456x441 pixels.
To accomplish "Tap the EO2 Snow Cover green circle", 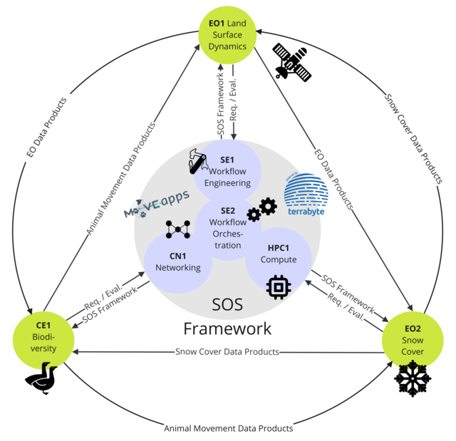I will click(413, 341).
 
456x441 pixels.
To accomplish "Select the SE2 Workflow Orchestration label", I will click(227, 228).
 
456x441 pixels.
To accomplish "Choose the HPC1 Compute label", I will click(277, 254).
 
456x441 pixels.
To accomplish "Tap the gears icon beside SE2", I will click(261, 209).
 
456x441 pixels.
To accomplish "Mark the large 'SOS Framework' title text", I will click(227, 316).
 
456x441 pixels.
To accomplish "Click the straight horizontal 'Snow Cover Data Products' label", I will click(227, 352).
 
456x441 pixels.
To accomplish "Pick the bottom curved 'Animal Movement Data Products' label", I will click(228, 428).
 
